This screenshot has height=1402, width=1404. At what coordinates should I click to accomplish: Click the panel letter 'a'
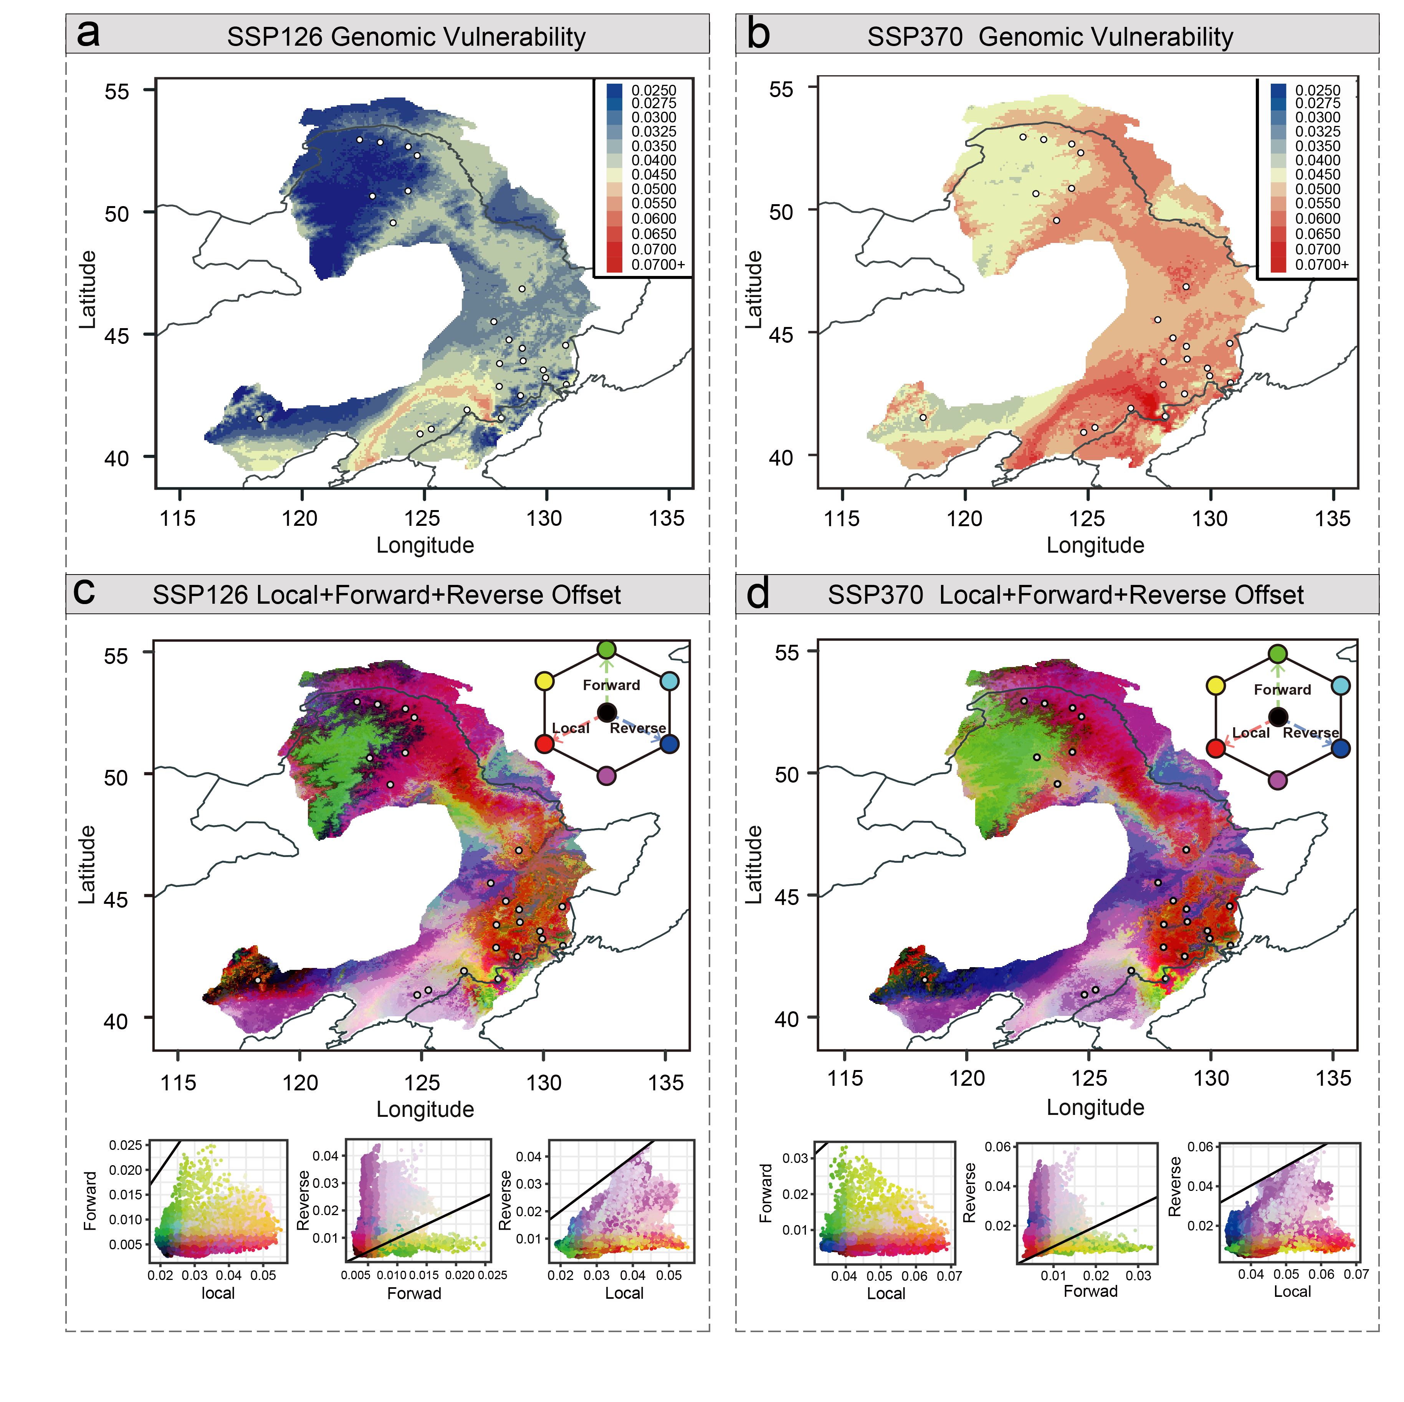[x=88, y=34]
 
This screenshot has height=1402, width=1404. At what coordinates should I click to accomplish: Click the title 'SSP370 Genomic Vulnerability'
[x=1050, y=37]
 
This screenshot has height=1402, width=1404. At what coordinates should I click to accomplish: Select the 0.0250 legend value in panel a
[x=653, y=90]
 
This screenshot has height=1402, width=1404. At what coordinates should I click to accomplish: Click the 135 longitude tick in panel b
[x=1333, y=519]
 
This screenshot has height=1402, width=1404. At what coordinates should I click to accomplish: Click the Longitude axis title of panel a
[x=425, y=545]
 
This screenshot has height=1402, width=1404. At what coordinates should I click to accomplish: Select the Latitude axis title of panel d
[x=754, y=864]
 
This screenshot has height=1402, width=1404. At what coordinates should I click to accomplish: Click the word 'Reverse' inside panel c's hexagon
[x=637, y=728]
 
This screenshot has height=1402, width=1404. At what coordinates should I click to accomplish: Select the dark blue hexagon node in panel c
[x=669, y=744]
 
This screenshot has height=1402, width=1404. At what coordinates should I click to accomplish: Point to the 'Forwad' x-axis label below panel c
[x=414, y=1293]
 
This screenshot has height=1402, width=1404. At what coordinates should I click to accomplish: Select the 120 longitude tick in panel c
[x=300, y=1083]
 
